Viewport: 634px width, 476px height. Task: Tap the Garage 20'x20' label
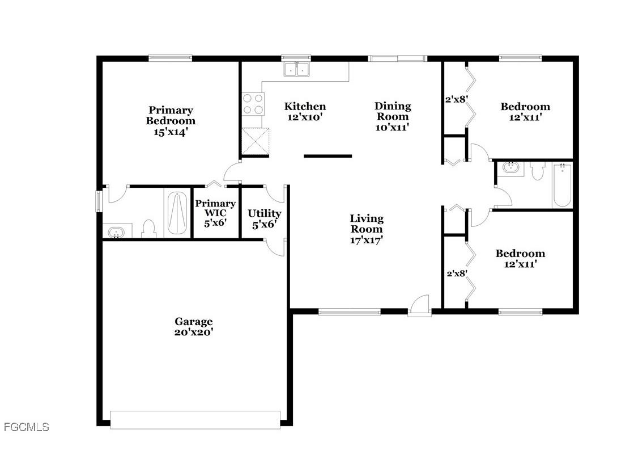[194, 327]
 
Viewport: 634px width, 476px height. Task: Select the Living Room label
[367, 229]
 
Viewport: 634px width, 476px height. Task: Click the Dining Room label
[393, 116]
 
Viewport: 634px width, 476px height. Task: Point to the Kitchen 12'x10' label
[305, 111]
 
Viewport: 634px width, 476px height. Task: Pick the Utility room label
[265, 218]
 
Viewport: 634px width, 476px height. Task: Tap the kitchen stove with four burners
[253, 104]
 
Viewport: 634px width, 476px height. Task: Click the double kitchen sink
[297, 69]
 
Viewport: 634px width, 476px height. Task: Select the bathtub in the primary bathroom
[177, 213]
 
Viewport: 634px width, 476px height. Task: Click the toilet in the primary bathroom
[149, 228]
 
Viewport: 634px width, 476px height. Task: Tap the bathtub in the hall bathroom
[563, 184]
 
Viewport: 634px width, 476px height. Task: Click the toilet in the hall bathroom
[537, 170]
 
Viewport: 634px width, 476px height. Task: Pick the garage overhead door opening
[195, 419]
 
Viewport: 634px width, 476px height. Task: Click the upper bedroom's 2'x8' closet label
[456, 99]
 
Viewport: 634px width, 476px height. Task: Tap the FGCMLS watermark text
[26, 427]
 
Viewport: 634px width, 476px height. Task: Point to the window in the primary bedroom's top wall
[171, 57]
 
